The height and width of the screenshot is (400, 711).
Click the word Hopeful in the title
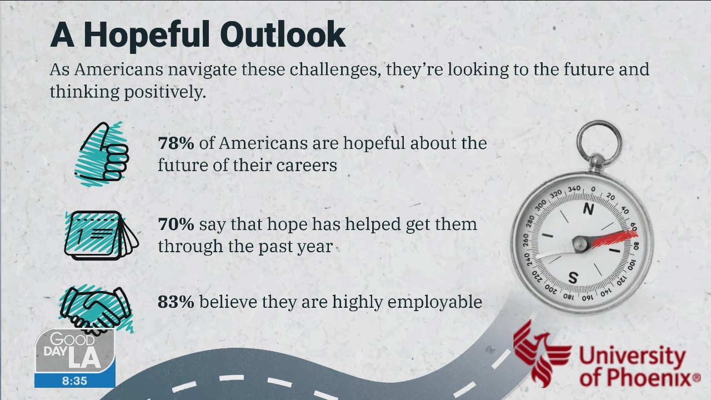[x=146, y=35]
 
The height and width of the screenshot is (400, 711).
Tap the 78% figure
[x=176, y=143]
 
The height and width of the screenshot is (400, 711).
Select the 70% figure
[x=176, y=224]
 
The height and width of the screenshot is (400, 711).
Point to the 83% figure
[x=176, y=302]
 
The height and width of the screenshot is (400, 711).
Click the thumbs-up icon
[x=103, y=153]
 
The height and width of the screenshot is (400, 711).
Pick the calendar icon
[x=101, y=234]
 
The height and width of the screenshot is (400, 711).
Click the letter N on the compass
[x=588, y=209]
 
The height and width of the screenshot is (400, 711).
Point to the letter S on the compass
[x=574, y=277]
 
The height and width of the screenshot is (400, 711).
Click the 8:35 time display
[x=75, y=381]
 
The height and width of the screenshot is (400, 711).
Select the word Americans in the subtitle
[x=118, y=70]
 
